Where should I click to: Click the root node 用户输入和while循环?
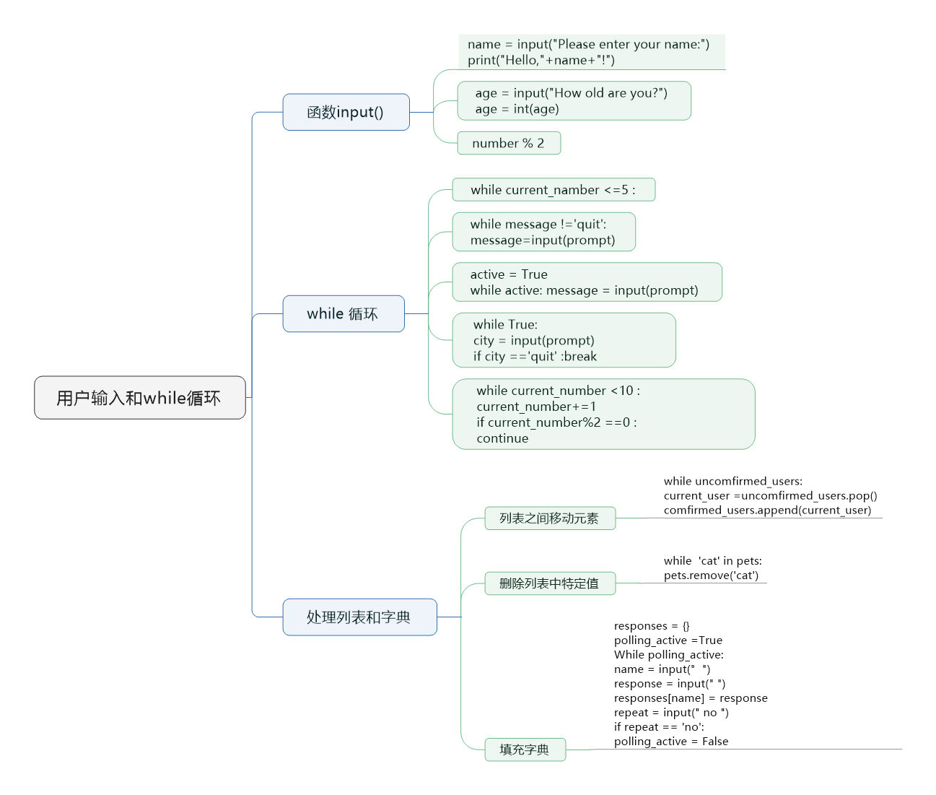click(140, 397)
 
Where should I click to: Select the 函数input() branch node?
click(346, 112)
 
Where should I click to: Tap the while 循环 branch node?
click(344, 313)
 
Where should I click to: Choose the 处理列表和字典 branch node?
click(359, 617)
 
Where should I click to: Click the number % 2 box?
click(509, 143)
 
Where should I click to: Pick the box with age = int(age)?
click(574, 100)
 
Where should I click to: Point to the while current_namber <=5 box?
click(554, 189)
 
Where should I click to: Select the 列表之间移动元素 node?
click(550, 518)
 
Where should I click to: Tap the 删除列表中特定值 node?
click(550, 583)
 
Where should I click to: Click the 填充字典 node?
click(525, 750)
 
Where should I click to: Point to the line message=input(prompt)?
click(543, 240)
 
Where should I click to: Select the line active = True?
click(509, 274)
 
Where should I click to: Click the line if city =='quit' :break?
click(535, 357)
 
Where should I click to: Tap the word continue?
click(502, 438)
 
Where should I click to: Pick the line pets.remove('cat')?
click(711, 575)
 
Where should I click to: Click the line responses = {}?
click(652, 626)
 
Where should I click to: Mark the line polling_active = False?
click(671, 742)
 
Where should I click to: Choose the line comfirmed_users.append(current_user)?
click(768, 510)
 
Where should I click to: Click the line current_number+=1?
click(536, 407)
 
